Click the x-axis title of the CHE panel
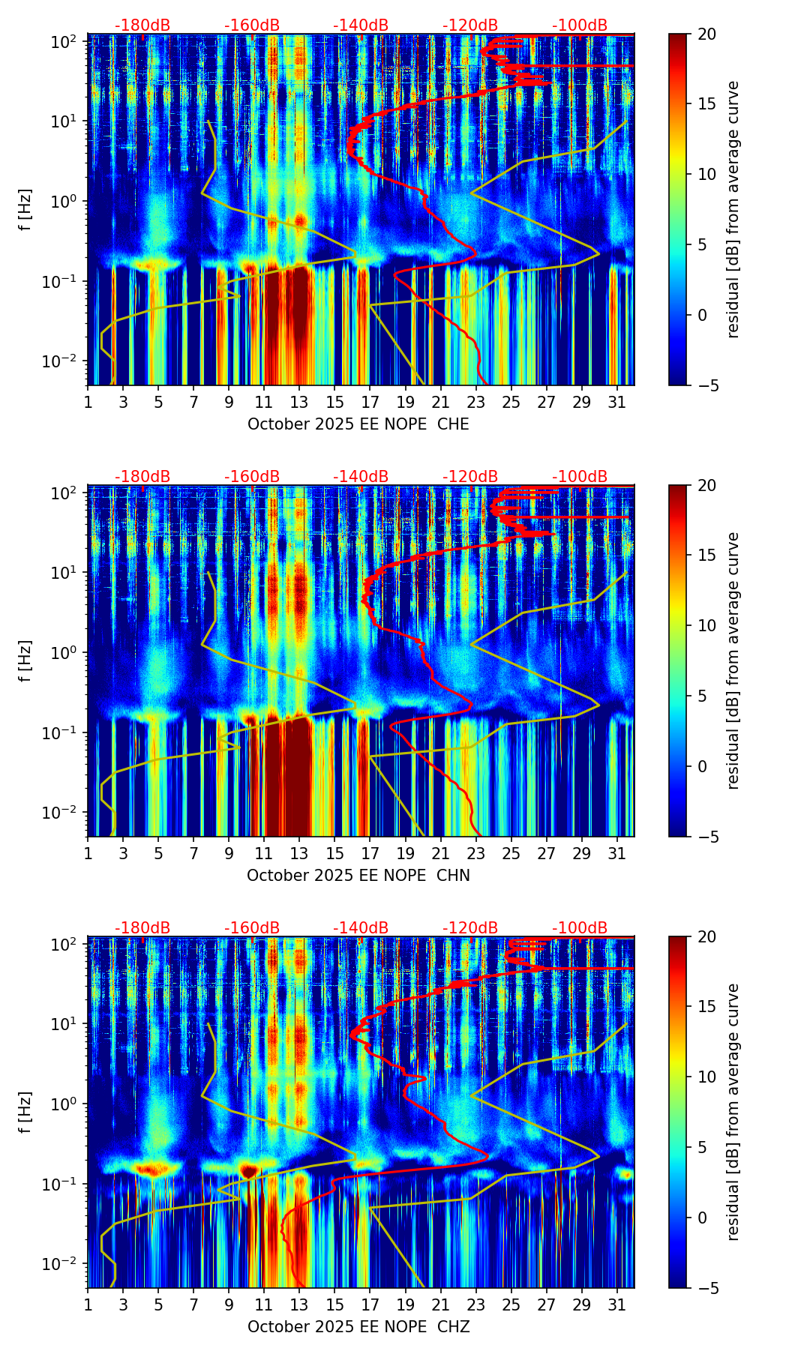click(x=358, y=424)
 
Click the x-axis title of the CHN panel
click(x=358, y=876)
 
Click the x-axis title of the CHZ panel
click(x=358, y=1327)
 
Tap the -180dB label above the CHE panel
click(x=142, y=25)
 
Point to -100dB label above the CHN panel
click(x=580, y=477)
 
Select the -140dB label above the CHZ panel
click(x=361, y=928)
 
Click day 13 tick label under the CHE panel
click(x=299, y=402)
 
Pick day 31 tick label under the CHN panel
click(x=616, y=853)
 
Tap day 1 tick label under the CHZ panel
click(x=88, y=1305)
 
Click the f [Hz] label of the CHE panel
click(x=26, y=210)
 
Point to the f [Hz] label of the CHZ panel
click(x=26, y=1113)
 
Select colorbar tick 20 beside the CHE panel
click(x=706, y=34)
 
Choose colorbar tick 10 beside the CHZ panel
click(x=706, y=1077)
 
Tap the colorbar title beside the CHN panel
click(x=733, y=661)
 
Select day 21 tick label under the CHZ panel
click(x=440, y=1305)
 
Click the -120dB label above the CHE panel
click(x=470, y=25)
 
